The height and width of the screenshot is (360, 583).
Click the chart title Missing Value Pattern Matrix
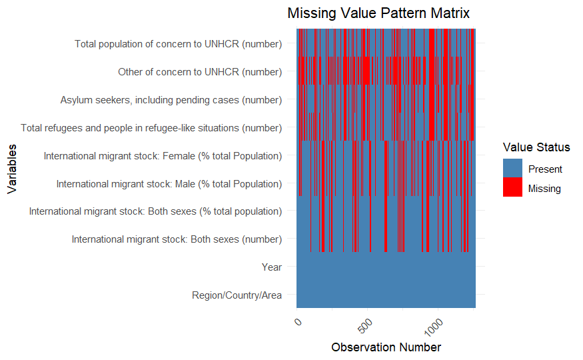click(x=378, y=13)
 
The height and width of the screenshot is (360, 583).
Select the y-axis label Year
click(x=272, y=267)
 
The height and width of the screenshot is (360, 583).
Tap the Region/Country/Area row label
click(x=237, y=295)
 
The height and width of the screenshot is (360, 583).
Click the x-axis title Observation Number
click(x=386, y=347)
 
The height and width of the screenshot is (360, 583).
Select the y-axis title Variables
click(x=12, y=169)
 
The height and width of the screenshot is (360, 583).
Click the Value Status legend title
click(x=536, y=147)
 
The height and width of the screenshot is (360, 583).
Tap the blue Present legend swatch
click(x=512, y=169)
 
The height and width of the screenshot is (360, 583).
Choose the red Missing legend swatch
click(x=512, y=188)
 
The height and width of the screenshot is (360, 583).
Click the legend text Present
click(x=545, y=169)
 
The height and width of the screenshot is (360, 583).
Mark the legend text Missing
click(x=544, y=189)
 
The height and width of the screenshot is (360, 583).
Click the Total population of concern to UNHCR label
click(x=178, y=44)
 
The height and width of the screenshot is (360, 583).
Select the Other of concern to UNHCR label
click(x=200, y=72)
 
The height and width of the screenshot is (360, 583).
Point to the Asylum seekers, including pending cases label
click(x=171, y=100)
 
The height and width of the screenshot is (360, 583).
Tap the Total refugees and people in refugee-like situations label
click(x=151, y=128)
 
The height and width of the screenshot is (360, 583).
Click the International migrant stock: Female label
click(x=163, y=156)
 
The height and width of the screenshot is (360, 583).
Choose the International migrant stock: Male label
click(x=169, y=184)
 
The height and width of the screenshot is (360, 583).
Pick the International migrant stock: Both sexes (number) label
click(x=177, y=239)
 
